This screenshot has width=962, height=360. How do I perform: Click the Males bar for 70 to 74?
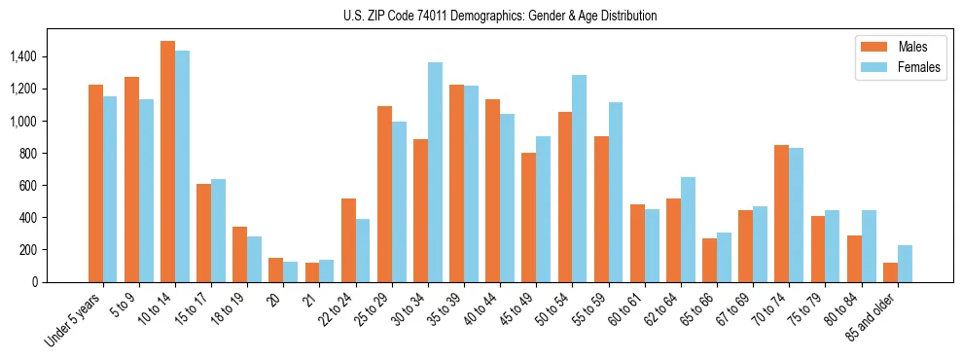point(782,213)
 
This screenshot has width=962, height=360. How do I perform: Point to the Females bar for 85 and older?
point(905,264)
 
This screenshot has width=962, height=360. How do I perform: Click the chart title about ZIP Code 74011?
point(500,16)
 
